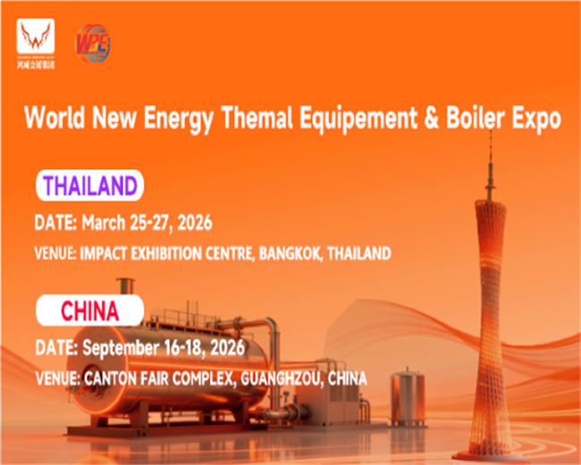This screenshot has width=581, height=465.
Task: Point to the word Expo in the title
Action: [539, 117]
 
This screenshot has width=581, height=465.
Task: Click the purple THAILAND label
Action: [90, 186]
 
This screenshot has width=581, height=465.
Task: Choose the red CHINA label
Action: [89, 310]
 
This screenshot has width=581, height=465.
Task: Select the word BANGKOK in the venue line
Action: [290, 253]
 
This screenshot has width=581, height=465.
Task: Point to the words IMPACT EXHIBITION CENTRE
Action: [169, 253]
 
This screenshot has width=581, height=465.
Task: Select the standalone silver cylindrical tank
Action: [408, 399]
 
